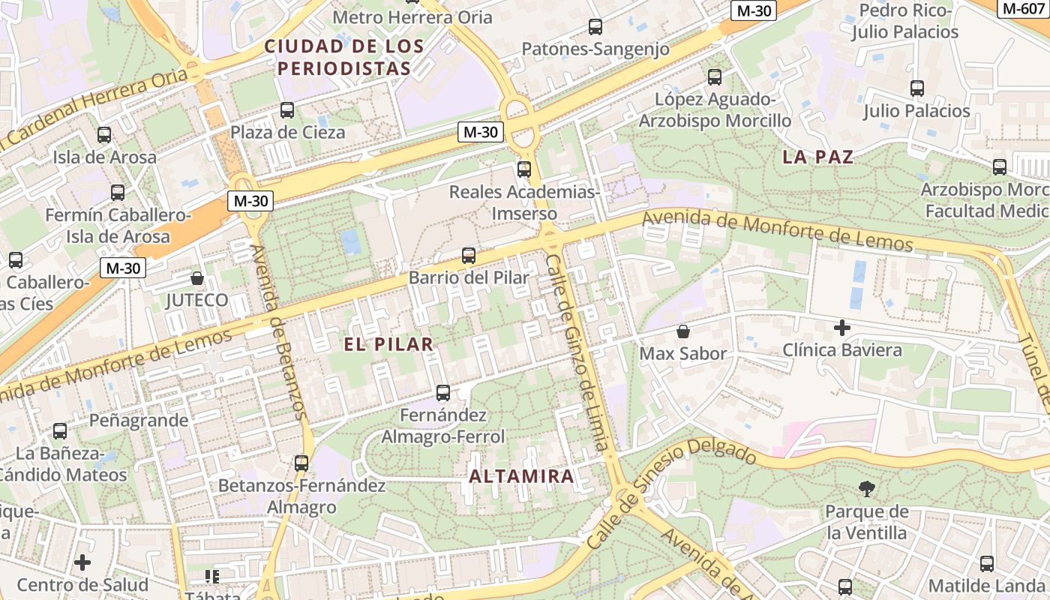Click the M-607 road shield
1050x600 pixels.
tap(1023, 8)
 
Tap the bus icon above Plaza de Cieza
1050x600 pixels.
tap(287, 110)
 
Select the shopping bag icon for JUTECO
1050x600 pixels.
tap(197, 279)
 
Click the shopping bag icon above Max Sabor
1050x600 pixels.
tap(683, 331)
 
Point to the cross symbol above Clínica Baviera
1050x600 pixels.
tap(842, 328)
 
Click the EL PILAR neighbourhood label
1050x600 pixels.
tap(388, 344)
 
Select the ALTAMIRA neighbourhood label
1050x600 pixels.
tap(521, 475)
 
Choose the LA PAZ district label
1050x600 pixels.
tap(817, 157)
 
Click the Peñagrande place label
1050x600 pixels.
tap(139, 420)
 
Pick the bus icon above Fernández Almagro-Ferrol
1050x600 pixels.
tap(443, 393)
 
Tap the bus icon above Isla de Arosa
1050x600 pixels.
tap(104, 136)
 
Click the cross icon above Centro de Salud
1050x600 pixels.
tap(82, 562)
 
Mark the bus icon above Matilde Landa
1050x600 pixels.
tap(987, 564)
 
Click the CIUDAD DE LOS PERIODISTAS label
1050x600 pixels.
tap(344, 57)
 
